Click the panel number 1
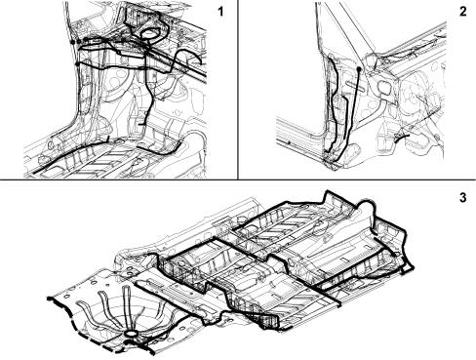[220, 12]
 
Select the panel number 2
[463, 12]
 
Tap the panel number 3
[463, 197]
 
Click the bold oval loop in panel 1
[149, 34]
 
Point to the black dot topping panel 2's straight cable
[359, 69]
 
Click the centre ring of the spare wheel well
[131, 334]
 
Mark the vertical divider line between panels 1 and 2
[238, 90]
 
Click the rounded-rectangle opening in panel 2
[384, 88]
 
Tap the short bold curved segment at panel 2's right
[401, 139]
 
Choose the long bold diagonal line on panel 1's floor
[70, 155]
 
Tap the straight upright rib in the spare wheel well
[127, 307]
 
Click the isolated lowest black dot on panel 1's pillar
[77, 63]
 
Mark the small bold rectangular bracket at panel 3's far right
[407, 269]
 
